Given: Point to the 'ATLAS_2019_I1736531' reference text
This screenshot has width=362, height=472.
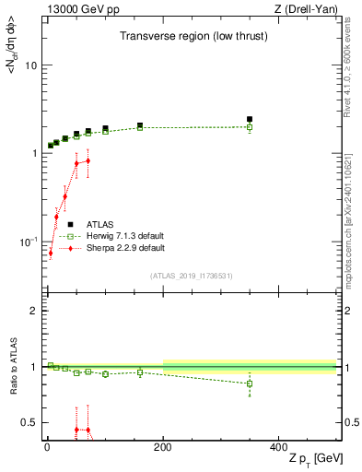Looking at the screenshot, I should (191, 276).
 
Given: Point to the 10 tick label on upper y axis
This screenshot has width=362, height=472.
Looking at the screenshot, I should (30, 66).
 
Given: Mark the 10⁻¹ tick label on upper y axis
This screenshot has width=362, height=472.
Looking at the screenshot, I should (28, 241).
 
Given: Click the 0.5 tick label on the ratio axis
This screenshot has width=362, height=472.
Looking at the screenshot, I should (29, 422).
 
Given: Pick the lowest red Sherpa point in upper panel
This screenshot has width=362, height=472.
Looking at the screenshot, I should (51, 253).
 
